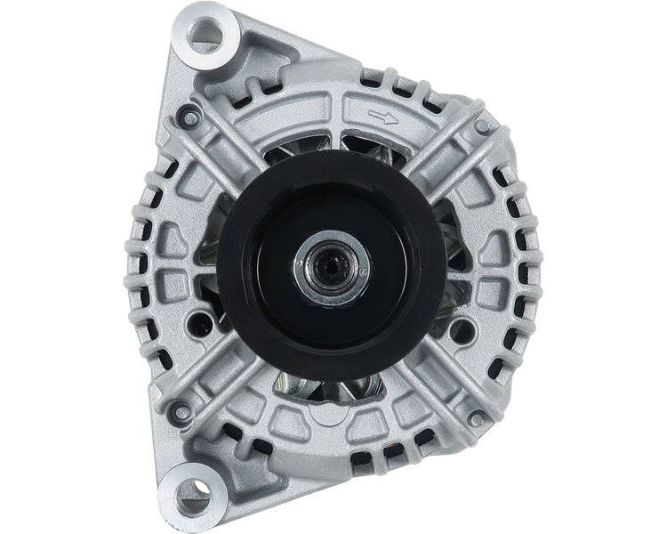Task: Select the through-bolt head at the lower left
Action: [178, 410]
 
